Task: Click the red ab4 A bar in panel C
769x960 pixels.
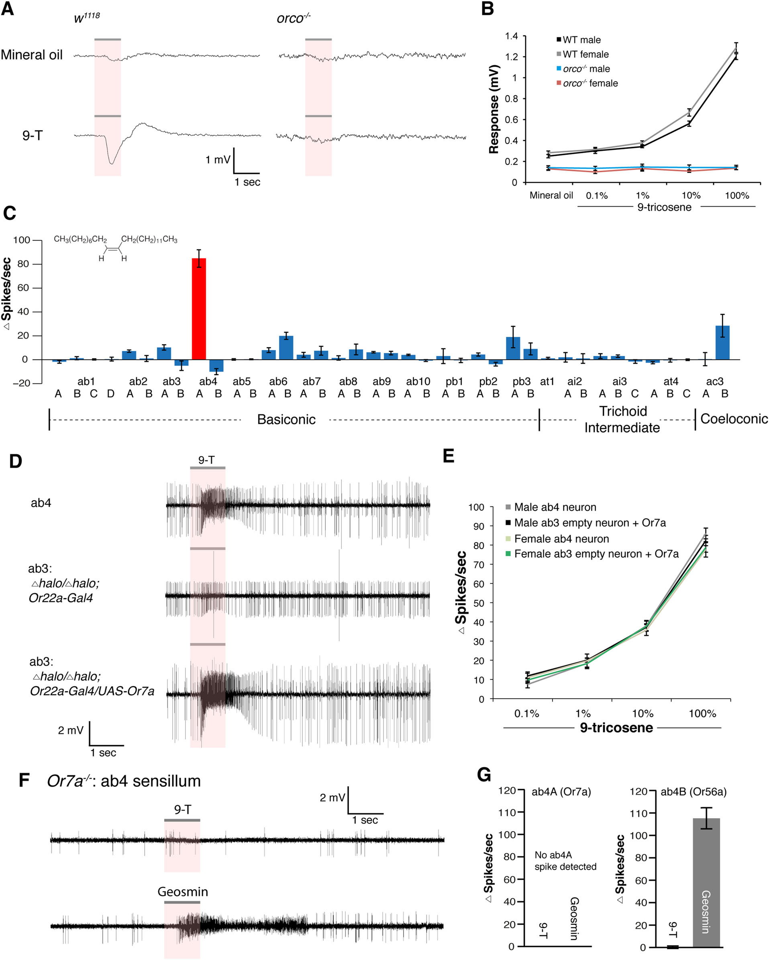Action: pos(199,309)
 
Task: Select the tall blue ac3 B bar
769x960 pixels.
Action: pos(722,342)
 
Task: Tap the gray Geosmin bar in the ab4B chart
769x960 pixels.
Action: pos(706,886)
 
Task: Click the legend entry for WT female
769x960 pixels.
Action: pos(582,54)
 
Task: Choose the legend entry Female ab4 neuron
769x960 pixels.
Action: pos(557,539)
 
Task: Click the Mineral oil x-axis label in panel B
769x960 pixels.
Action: pos(551,195)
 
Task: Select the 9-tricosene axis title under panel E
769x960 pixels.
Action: pos(616,728)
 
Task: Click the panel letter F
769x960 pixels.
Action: pos(24,781)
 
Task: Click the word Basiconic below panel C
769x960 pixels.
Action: pos(286,419)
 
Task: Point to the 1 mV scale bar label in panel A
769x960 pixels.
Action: pos(218,159)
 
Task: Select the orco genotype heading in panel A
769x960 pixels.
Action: pos(294,18)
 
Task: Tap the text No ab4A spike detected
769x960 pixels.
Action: pos(565,861)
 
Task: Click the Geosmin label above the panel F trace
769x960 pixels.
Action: pos(183,892)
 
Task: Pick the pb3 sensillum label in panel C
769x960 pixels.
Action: pos(521,381)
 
